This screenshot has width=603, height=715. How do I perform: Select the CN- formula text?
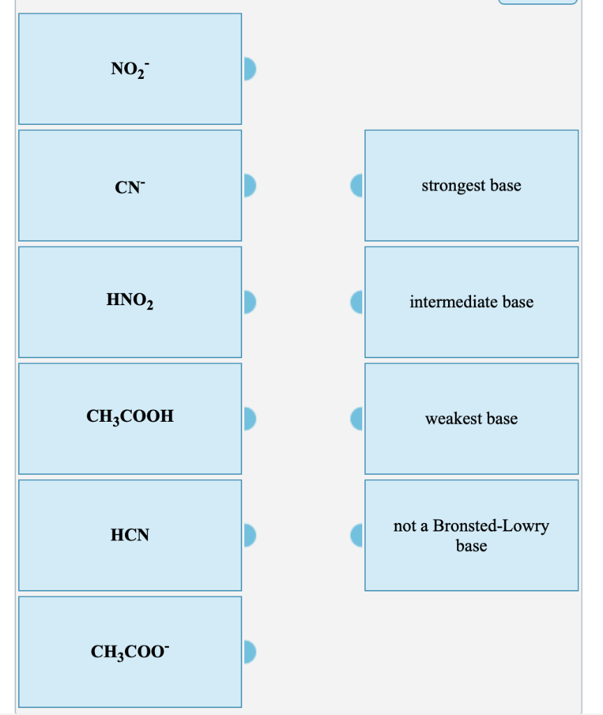[130, 186]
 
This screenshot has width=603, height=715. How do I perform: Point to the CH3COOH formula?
[130, 418]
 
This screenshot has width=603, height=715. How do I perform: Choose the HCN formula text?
[130, 536]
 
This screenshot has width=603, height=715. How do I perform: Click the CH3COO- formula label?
[130, 652]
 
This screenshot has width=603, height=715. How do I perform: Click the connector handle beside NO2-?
[251, 68]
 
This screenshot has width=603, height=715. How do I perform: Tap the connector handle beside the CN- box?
[251, 185]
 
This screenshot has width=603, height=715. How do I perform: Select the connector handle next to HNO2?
[251, 302]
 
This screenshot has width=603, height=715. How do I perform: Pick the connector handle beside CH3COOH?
[251, 418]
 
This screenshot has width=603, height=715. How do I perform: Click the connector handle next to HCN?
[251, 535]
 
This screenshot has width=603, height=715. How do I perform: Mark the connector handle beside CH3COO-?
[251, 651]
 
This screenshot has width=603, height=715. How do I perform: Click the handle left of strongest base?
[357, 185]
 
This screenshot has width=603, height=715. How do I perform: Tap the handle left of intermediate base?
[357, 302]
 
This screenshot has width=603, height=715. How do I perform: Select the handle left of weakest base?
[357, 418]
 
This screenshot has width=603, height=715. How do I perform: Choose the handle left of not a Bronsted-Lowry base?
[357, 535]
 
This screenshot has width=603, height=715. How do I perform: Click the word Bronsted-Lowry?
[491, 526]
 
